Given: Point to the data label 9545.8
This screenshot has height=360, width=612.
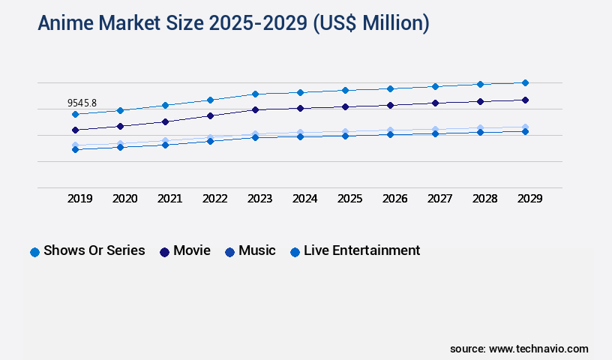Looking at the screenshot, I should (82, 103).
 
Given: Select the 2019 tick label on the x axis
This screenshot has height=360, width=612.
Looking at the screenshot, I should (79, 199).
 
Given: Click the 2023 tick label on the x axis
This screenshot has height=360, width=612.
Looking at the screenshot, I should (259, 199).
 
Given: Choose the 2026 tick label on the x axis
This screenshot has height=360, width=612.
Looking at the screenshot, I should (394, 199).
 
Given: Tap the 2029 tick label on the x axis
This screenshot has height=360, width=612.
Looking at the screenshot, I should (529, 199).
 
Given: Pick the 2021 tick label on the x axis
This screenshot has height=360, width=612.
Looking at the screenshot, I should (169, 199).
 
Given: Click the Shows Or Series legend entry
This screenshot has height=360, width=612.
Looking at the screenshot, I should (94, 250).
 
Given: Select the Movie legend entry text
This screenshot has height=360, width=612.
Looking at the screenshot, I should (192, 250).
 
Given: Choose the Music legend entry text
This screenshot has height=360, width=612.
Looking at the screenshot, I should (257, 250).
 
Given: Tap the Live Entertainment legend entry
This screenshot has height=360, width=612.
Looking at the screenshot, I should (361, 250).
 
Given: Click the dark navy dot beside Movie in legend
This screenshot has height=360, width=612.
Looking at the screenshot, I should (164, 252).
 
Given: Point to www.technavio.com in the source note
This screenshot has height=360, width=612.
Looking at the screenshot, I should (538, 349).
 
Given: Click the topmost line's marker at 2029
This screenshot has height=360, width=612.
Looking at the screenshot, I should (525, 82).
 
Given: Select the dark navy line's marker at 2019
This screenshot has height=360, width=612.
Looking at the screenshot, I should (75, 130).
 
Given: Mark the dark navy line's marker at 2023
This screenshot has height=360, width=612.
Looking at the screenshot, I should (255, 109).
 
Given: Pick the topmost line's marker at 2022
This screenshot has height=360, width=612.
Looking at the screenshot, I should (210, 100).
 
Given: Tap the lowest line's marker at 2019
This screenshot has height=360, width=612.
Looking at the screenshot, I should (75, 149).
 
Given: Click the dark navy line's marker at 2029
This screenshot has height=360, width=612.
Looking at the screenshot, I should (525, 100).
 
